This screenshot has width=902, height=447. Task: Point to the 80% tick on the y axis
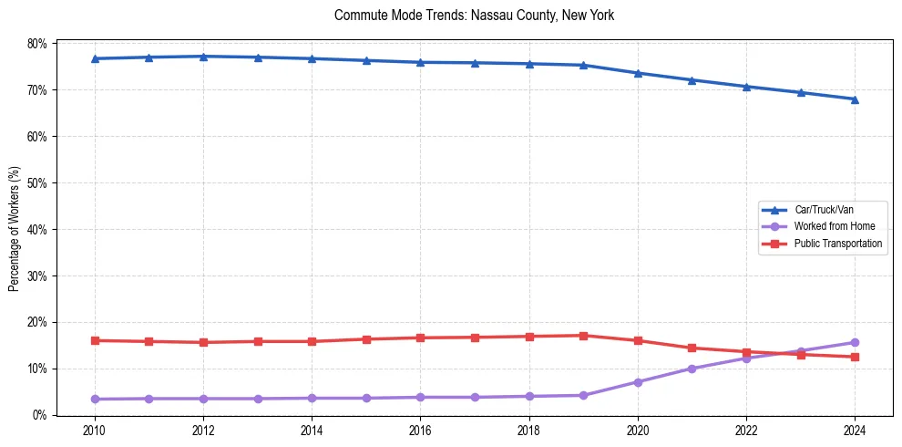click(x=36, y=44)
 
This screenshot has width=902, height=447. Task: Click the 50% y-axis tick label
click(x=36, y=183)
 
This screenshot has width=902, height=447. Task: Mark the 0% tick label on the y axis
click(x=39, y=415)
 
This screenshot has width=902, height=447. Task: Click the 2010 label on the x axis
click(x=94, y=431)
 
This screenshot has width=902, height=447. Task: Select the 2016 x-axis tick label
click(x=420, y=431)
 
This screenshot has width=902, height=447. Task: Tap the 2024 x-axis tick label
click(x=855, y=431)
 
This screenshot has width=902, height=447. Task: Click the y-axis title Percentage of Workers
click(x=15, y=228)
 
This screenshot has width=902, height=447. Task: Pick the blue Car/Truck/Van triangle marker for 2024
click(x=855, y=99)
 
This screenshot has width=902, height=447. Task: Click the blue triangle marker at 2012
click(x=203, y=57)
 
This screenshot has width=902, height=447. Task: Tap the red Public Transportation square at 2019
click(x=583, y=336)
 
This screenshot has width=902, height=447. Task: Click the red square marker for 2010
click(x=94, y=340)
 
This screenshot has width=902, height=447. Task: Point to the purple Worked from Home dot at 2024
click(x=855, y=343)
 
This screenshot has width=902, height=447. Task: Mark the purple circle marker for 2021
click(x=692, y=369)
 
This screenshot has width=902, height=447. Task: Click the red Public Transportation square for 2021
click(x=692, y=348)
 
